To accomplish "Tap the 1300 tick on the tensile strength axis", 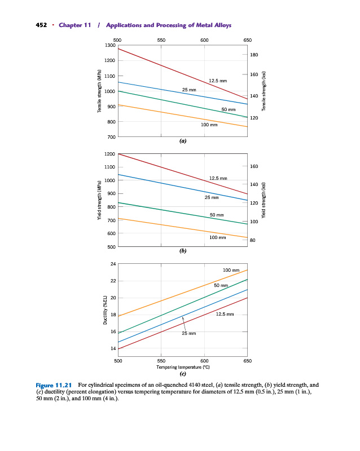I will point(110,45).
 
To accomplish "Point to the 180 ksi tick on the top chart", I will point(254,55).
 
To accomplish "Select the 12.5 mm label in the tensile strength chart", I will point(218,81).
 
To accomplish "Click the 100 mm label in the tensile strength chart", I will point(209,124).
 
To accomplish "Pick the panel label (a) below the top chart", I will point(182,142).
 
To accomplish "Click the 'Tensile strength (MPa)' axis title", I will point(99,91).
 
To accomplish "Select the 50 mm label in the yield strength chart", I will point(217,215).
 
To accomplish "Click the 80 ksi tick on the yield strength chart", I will point(253,241).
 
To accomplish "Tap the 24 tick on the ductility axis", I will point(113,264).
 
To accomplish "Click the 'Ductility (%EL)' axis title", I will point(105,309).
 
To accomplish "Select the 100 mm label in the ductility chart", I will point(231,271).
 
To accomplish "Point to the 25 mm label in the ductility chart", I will point(188,334).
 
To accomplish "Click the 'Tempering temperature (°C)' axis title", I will point(182,366).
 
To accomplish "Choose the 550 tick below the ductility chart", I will point(161,360).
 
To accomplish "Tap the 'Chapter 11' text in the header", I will point(74,26).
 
